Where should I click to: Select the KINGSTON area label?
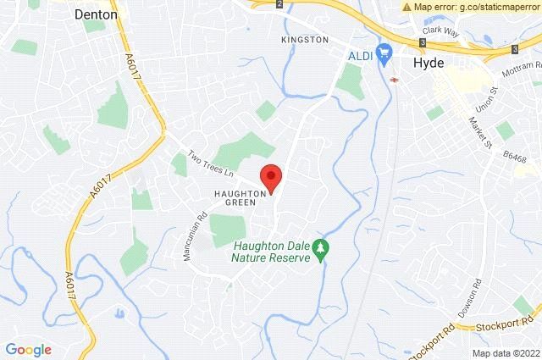305,40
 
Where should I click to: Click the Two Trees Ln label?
210,163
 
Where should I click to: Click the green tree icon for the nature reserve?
321,248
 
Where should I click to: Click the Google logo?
29,349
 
